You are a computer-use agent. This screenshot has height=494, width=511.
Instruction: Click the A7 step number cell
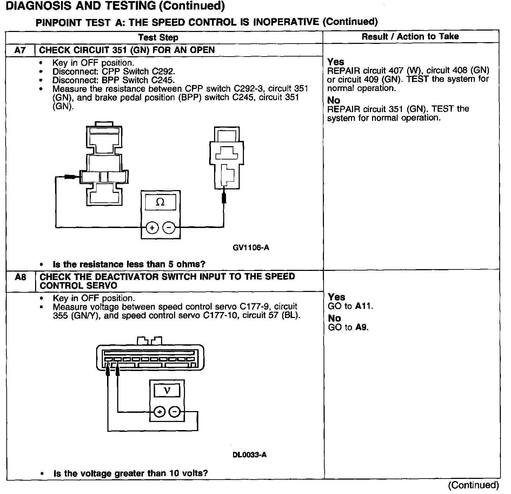pyautogui.click(x=20, y=50)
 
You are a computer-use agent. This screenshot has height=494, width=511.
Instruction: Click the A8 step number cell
pyautogui.click(x=20, y=277)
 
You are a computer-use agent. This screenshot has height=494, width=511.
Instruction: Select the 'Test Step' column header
pyautogui.click(x=158, y=37)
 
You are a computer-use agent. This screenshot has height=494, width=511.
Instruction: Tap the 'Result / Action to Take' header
pyautogui.click(x=410, y=36)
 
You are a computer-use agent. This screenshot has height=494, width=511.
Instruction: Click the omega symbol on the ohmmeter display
pyautogui.click(x=160, y=202)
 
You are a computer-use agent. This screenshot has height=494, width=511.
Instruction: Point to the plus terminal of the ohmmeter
pyautogui.click(x=152, y=228)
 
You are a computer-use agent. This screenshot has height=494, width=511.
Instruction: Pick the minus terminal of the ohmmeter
pyautogui.click(x=169, y=228)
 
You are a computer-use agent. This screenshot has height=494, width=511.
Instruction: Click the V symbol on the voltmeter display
pyautogui.click(x=167, y=390)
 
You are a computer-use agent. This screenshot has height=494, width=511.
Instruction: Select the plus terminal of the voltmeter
pyautogui.click(x=159, y=412)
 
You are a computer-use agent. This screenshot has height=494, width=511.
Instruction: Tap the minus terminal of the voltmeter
pyautogui.click(x=175, y=412)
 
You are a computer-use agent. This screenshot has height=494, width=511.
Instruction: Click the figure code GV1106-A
pyautogui.click(x=251, y=248)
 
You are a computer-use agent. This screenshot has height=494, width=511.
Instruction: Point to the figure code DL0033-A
pyautogui.click(x=250, y=455)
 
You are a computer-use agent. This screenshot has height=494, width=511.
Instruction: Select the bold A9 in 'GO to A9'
pyautogui.click(x=361, y=327)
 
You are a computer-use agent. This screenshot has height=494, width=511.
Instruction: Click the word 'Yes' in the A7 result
pyautogui.click(x=336, y=62)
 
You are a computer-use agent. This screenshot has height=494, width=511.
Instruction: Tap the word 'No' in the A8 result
pyautogui.click(x=334, y=318)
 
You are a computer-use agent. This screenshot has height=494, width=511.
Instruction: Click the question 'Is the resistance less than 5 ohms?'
pyautogui.click(x=129, y=264)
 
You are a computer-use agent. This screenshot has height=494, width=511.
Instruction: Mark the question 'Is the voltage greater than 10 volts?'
pyautogui.click(x=130, y=473)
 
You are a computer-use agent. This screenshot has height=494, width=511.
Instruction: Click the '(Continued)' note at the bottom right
pyautogui.click(x=473, y=485)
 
